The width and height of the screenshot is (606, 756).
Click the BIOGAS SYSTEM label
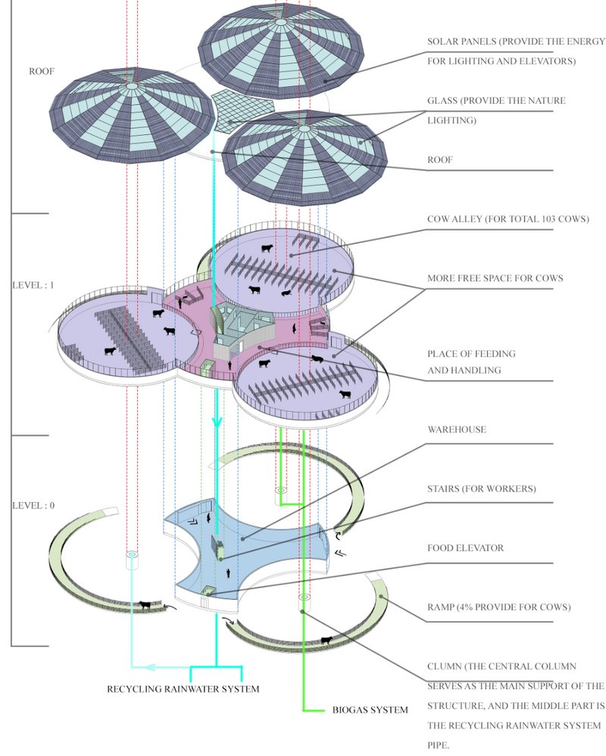(370, 711)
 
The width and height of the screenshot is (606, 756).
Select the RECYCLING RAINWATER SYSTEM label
(183, 689)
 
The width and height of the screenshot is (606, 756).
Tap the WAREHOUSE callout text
(456, 430)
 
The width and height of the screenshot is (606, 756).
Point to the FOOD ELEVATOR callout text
(465, 547)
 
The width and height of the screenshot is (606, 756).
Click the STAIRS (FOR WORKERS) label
(481, 489)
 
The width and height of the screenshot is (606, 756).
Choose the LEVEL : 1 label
(33, 286)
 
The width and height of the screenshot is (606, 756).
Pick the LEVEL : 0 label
(33, 505)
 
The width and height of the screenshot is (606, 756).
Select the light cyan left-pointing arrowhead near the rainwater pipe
(150, 667)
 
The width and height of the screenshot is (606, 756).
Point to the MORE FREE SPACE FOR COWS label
(495, 278)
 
